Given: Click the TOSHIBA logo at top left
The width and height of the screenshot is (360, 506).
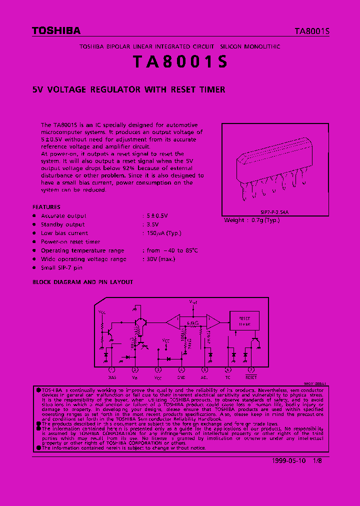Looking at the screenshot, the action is click(x=56, y=31).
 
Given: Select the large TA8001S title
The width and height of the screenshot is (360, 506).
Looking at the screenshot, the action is click(x=180, y=62).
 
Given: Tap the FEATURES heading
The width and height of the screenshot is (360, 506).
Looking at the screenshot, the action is click(x=46, y=206).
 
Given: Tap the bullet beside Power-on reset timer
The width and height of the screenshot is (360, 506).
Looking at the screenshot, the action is click(x=34, y=242).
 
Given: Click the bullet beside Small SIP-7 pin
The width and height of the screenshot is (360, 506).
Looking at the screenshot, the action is click(x=34, y=268).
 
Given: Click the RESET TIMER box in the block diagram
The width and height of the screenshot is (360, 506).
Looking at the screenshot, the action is click(x=244, y=320).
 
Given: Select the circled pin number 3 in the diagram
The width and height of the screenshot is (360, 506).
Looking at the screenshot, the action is click(x=158, y=370).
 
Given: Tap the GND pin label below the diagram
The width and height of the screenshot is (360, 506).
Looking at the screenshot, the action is click(x=181, y=377).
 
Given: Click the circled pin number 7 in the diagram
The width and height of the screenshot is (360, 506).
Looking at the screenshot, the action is click(x=251, y=370).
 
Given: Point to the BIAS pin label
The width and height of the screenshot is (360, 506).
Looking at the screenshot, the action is click(x=112, y=377).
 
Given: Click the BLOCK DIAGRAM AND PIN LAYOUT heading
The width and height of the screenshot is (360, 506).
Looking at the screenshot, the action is click(x=83, y=282).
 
